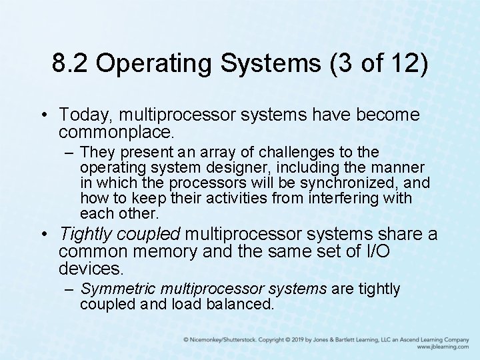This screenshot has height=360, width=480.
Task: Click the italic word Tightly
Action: (87, 235)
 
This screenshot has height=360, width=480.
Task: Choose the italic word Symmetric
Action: (115, 289)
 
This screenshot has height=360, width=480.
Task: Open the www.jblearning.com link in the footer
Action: (443, 347)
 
